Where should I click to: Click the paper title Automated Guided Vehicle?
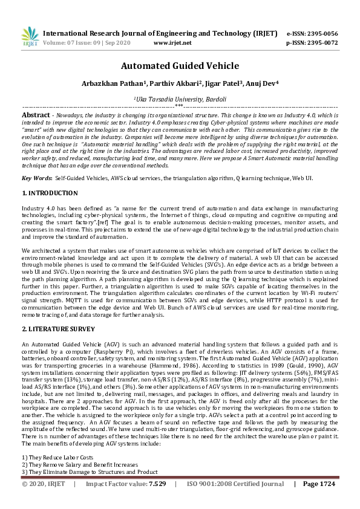coord(180,66)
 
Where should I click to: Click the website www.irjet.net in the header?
coord(172,43)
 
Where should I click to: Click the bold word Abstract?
coord(36,114)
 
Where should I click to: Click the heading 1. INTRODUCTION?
coord(50,193)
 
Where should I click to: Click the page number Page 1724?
coord(319,501)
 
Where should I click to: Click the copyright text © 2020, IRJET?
coord(44,501)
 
